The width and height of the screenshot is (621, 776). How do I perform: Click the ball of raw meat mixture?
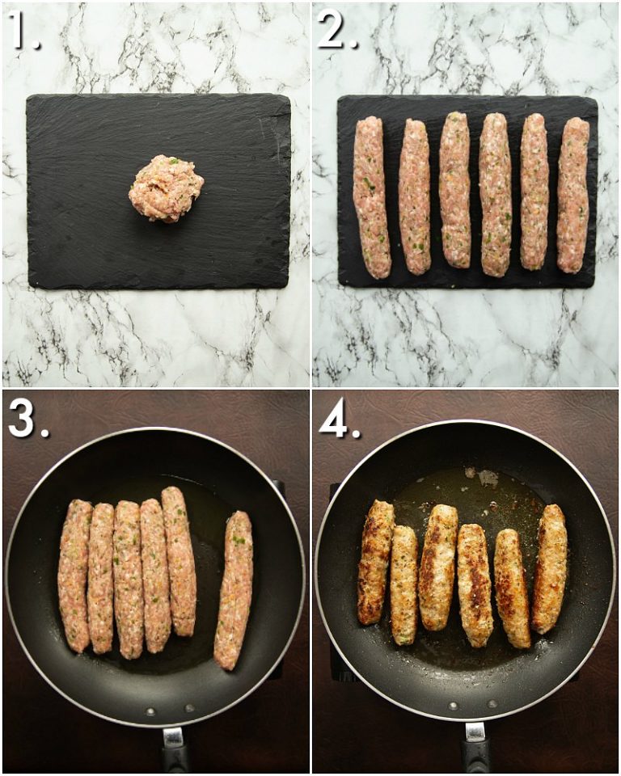click(166, 188)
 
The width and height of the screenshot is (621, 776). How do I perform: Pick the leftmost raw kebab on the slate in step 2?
click(371, 196)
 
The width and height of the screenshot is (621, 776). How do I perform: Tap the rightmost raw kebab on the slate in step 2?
click(573, 195)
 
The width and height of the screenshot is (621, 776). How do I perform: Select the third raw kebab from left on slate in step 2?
click(454, 190)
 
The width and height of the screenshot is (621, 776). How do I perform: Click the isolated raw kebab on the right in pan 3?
click(234, 589)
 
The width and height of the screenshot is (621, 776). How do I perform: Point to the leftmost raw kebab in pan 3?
click(75, 576)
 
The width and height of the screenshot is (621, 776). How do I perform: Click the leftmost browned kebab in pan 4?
click(375, 562)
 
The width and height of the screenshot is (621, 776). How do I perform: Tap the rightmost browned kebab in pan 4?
click(550, 568)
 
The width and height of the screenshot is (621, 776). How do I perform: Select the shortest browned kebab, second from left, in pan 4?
click(404, 584)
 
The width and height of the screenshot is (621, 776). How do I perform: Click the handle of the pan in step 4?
click(476, 748)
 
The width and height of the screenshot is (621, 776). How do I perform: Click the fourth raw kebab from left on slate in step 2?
click(494, 194)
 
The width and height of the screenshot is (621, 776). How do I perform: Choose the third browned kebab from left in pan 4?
click(438, 566)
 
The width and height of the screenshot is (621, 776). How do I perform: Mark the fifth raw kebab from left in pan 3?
click(179, 560)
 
